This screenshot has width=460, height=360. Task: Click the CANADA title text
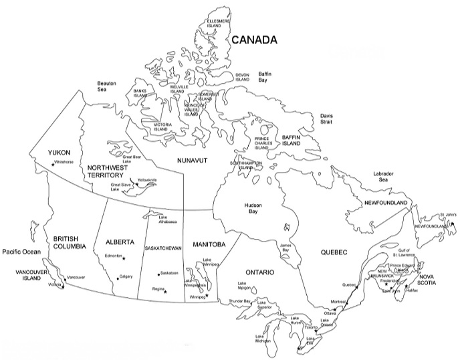254,40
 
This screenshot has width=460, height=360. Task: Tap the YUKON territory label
59,153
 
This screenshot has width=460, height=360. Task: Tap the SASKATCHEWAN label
163,248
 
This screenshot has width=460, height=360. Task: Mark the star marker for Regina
165,291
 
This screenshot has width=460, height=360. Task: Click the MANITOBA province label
208,244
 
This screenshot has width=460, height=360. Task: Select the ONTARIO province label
261,273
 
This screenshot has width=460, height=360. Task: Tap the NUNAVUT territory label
193,161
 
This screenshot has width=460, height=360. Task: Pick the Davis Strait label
327,118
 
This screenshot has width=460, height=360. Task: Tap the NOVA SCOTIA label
429,280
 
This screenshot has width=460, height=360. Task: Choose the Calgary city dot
118,277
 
